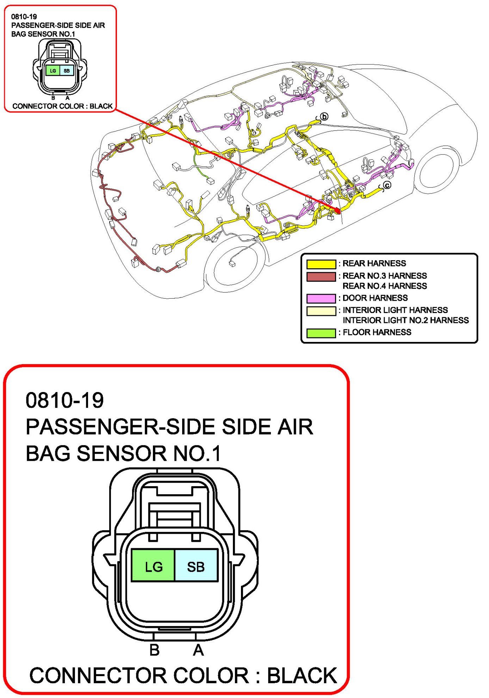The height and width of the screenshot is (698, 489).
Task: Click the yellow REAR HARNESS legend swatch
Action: click(x=321, y=264)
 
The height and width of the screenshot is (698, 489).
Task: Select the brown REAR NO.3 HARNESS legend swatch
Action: click(x=321, y=277)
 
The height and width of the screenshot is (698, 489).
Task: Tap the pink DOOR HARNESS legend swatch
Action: click(x=321, y=299)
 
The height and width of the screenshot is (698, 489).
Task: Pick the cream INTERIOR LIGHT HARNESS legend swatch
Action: click(x=321, y=311)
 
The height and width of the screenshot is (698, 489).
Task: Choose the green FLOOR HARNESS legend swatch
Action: click(x=321, y=333)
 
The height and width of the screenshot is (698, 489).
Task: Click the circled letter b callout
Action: click(x=324, y=116)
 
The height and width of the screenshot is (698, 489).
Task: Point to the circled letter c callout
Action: click(x=387, y=185)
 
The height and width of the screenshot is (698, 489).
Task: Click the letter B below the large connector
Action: click(x=154, y=650)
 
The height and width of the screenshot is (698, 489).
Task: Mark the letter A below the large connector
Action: click(x=198, y=650)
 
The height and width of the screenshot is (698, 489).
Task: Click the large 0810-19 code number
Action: click(x=65, y=400)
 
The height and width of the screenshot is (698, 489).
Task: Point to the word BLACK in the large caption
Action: click(x=302, y=676)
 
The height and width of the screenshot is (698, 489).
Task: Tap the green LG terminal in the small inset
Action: click(x=53, y=71)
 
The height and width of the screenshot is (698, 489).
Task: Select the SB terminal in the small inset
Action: click(x=67, y=71)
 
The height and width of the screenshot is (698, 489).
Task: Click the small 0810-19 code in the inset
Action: click(x=24, y=17)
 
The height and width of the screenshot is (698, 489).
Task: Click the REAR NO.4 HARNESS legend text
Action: click(x=385, y=286)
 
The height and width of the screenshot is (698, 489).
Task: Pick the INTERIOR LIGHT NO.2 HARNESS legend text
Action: click(x=406, y=320)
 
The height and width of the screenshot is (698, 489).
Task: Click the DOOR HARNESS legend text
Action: click(x=375, y=298)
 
